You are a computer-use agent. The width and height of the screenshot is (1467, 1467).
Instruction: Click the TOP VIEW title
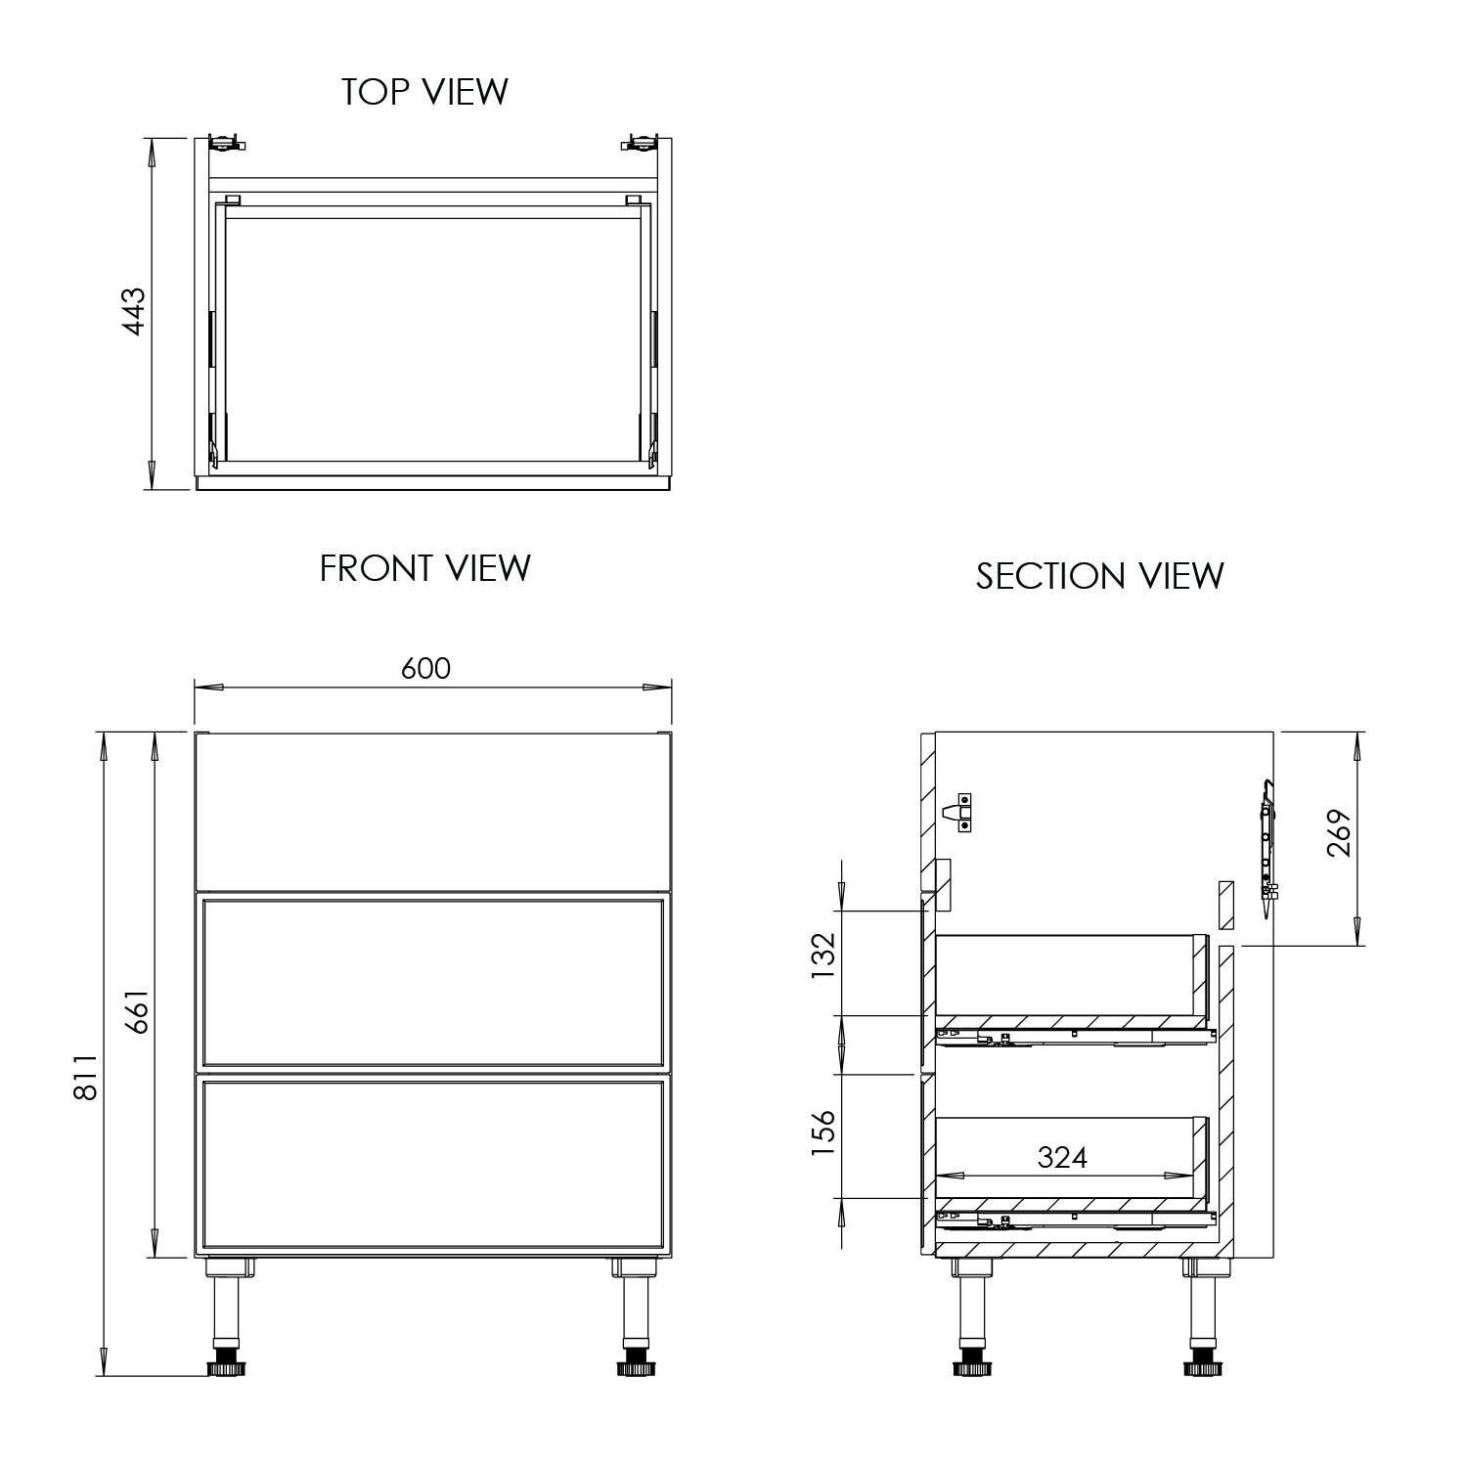(x=424, y=91)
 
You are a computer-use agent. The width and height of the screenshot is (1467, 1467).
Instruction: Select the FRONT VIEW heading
(x=424, y=568)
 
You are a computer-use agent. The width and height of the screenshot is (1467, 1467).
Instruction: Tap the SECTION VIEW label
(x=1099, y=576)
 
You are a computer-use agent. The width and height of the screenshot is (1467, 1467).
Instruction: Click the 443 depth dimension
(x=133, y=311)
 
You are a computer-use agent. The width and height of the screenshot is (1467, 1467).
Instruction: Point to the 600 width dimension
(x=426, y=668)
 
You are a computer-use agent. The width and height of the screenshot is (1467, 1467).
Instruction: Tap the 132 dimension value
(x=823, y=955)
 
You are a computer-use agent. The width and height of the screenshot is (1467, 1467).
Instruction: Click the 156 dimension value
(x=823, y=1133)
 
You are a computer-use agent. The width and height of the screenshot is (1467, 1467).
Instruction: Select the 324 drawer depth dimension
(x=1062, y=1157)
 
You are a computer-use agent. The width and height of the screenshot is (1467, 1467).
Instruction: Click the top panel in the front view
(x=432, y=811)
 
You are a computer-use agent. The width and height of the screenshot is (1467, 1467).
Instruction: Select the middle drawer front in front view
(x=432, y=982)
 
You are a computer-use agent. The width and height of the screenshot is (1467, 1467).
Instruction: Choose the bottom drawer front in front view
(x=432, y=1165)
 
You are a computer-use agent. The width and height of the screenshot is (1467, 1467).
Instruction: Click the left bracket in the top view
(x=226, y=142)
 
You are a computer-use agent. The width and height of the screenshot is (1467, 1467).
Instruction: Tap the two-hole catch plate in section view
(x=964, y=811)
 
